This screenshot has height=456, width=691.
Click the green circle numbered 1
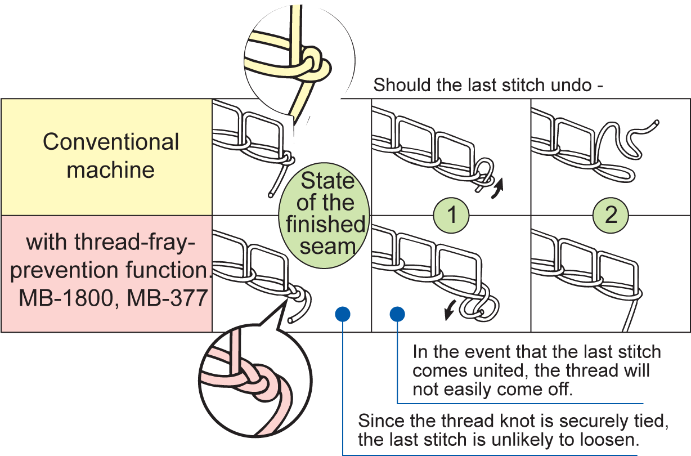451,214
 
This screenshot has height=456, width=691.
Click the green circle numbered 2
611,214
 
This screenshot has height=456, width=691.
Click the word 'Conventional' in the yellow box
111,142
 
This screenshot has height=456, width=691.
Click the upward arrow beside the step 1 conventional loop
499,185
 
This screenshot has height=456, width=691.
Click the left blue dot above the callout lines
342,314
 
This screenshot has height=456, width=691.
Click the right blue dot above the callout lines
397,314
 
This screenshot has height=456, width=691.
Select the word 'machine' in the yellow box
111,169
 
